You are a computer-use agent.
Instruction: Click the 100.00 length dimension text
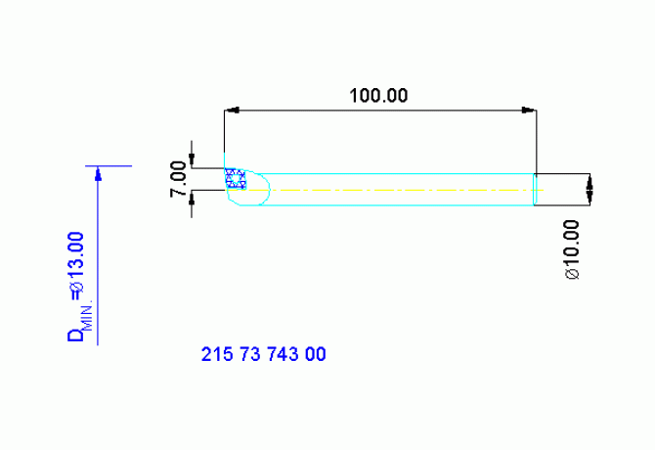(x=378, y=96)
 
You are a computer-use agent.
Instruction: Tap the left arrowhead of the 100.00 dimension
(x=232, y=111)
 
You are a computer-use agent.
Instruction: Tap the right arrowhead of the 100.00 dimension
(x=529, y=111)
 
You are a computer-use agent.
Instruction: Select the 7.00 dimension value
(x=178, y=179)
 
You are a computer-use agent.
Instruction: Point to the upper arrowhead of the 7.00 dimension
(x=192, y=160)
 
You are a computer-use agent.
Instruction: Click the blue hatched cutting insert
(x=236, y=178)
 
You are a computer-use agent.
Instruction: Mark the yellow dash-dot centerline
(x=384, y=190)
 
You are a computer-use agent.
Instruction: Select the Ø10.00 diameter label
(x=572, y=249)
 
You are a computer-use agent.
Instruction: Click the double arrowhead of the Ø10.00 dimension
(x=589, y=190)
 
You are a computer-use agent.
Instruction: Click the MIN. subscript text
(x=88, y=315)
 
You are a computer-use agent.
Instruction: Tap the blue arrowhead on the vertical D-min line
(x=98, y=174)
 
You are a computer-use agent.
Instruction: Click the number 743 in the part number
(x=283, y=354)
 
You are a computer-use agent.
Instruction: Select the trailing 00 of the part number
(x=316, y=354)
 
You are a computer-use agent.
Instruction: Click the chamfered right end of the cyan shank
(x=535, y=190)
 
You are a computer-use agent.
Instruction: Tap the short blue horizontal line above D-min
(x=109, y=166)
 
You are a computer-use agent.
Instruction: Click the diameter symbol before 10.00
(x=572, y=274)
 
